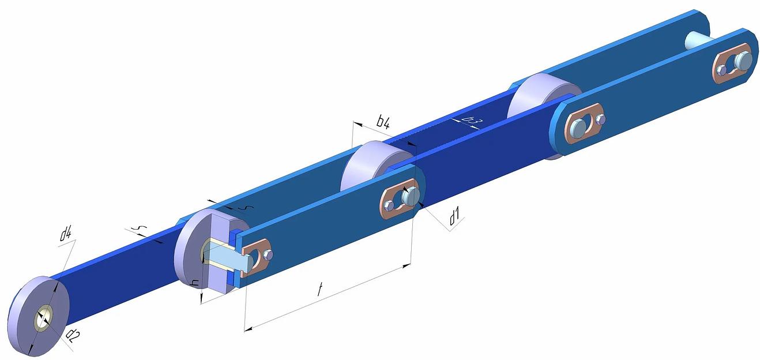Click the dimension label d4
(66, 234)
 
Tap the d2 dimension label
(73, 336)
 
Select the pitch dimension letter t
(319, 290)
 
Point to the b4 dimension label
(383, 122)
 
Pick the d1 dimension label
(454, 217)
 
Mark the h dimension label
(195, 283)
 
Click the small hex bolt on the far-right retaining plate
(721, 70)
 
